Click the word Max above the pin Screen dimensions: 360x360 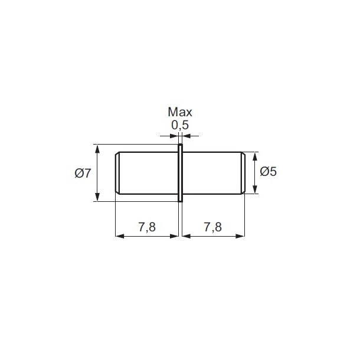(180, 112)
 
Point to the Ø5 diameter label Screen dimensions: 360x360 (268, 172)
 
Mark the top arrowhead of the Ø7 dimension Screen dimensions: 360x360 (97, 148)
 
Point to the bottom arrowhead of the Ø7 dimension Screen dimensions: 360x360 (97, 198)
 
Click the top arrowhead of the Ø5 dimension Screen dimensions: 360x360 (256, 156)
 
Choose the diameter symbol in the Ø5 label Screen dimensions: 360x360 (264, 172)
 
